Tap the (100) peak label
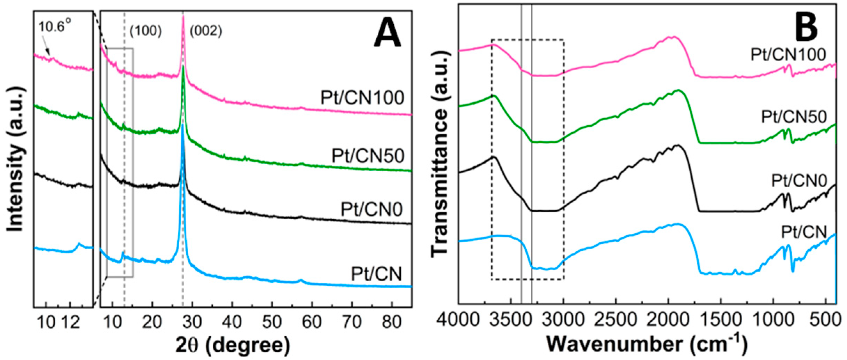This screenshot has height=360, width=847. point(146,31)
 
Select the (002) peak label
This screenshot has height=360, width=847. point(206,31)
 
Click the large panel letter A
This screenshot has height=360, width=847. point(387,36)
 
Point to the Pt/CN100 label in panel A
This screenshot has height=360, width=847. point(362,98)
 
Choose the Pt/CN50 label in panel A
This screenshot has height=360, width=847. point(368,156)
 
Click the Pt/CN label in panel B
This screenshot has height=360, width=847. point(804,232)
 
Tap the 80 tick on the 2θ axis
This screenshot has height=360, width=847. point(391,322)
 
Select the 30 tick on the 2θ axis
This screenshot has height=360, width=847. point(192,322)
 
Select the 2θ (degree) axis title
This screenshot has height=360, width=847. point(233,345)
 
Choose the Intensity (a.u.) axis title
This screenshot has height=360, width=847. point(16,159)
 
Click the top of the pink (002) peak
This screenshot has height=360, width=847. point(183,17)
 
